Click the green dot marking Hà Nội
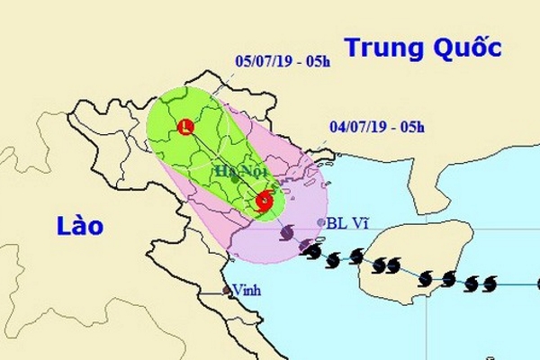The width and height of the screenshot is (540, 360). [x=236, y=179]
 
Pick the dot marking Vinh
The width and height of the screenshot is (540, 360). [x=228, y=291]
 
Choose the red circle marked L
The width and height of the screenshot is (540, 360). [x=186, y=127]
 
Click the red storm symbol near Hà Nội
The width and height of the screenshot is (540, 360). [x=264, y=202]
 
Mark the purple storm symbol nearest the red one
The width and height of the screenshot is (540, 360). [x=287, y=234]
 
